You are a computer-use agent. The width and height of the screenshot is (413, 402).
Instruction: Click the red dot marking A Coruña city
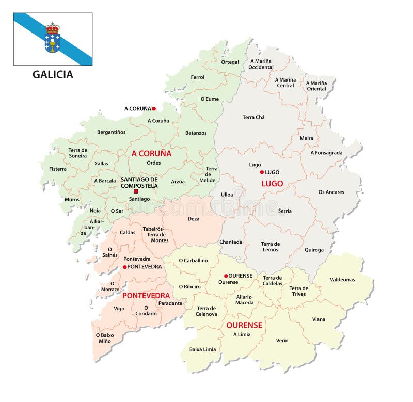[154, 109]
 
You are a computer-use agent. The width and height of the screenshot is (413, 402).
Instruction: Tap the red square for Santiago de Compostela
[136, 191]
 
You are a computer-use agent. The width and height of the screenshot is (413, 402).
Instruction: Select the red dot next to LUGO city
[262, 172]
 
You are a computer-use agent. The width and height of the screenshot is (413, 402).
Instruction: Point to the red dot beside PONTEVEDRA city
[124, 267]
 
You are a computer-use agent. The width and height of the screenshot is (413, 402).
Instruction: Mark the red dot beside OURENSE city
[226, 276]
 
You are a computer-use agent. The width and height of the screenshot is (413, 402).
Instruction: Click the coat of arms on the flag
[52, 38]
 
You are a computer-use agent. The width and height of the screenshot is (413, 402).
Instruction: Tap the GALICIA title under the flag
[53, 74]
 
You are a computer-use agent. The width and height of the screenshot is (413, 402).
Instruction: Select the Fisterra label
[57, 169]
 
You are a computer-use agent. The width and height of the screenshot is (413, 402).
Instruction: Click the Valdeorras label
[342, 279]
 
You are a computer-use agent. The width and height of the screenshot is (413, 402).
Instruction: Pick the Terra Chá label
[253, 117]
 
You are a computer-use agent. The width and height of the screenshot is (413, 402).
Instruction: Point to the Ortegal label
[230, 62]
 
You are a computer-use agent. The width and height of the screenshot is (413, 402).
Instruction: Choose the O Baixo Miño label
[105, 338]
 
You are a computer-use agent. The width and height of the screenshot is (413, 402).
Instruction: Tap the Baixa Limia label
[203, 349]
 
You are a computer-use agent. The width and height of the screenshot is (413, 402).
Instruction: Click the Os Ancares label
[331, 192]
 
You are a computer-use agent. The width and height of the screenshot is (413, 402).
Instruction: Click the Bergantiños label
[111, 132]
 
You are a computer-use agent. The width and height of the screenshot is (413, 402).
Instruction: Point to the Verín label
[282, 340]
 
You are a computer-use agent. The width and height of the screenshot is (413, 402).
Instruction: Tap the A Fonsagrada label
[327, 153]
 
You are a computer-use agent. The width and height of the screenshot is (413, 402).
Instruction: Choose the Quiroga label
[314, 250]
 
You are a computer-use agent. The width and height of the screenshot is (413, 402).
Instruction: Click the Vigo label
[119, 308]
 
